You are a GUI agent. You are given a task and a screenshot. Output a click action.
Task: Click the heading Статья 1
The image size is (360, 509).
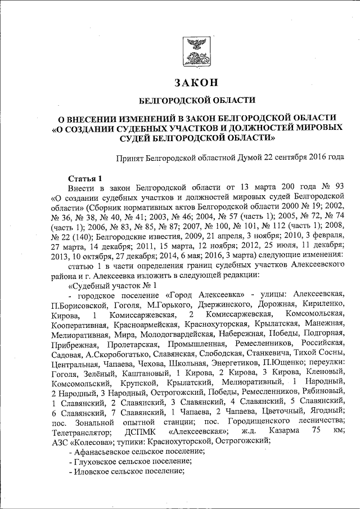(84, 177)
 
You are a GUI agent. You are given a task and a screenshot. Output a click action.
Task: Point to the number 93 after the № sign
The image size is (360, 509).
(337, 186)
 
